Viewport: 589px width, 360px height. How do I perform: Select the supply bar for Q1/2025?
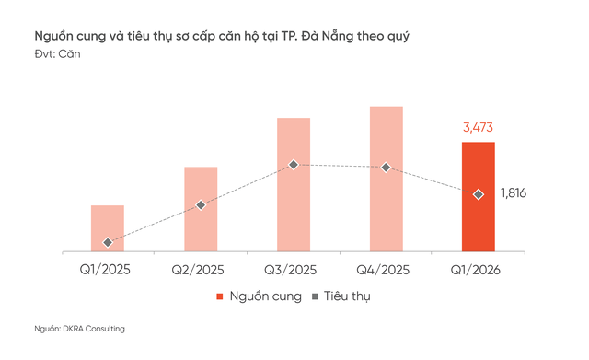(108, 227)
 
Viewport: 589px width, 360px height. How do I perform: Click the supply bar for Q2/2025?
(201, 209)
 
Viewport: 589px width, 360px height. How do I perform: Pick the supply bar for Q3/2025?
(294, 184)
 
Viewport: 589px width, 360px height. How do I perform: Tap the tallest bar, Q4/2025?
(387, 179)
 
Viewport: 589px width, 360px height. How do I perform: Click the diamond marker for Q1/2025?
(108, 243)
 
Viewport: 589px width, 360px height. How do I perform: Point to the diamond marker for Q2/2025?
(201, 204)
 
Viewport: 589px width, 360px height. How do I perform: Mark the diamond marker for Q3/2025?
(294, 165)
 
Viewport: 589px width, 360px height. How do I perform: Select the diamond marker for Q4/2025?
(387, 168)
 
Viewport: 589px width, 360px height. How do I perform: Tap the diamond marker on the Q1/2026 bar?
(478, 194)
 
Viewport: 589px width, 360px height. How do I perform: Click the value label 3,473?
(479, 126)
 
